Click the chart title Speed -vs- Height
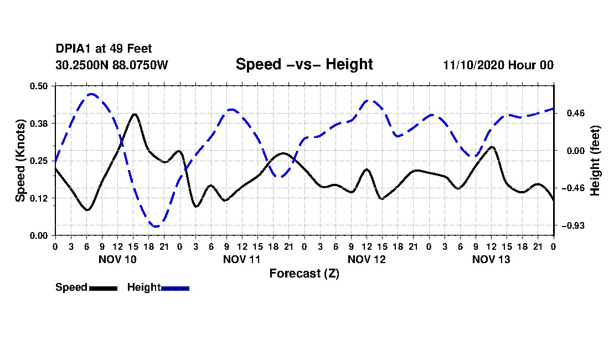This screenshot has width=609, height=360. (304, 65)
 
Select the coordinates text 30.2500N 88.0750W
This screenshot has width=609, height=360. (111, 65)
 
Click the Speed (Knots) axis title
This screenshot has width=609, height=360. (20, 161)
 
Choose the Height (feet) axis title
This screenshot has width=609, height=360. (596, 161)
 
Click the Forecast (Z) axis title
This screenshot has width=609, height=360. (304, 274)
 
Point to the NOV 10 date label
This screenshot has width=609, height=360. (117, 259)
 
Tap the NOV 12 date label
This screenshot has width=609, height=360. (367, 259)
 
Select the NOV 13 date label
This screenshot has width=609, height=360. (491, 259)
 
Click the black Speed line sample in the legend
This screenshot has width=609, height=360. (103, 288)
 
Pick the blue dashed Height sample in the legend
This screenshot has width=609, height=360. (175, 288)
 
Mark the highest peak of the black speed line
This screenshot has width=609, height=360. (134, 114)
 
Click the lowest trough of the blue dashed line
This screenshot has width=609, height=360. (157, 226)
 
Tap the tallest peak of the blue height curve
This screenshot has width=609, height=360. (91, 94)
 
